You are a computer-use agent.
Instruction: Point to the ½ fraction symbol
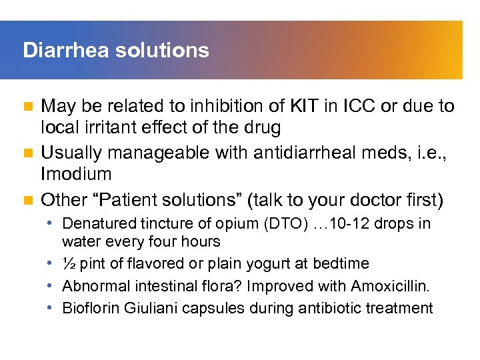pyautogui.click(x=69, y=264)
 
